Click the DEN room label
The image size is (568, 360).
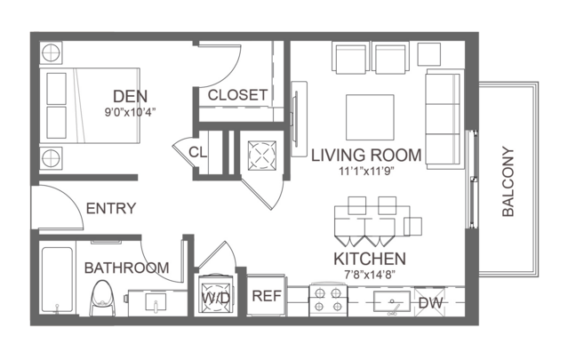[x=130, y=96]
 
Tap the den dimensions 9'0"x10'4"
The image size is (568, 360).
[x=130, y=113]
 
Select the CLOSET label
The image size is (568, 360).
[x=237, y=95]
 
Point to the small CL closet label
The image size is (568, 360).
[x=197, y=152]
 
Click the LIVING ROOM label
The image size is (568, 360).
[x=366, y=155]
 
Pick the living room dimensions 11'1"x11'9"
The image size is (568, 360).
[x=366, y=171]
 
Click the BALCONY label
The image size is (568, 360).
[x=508, y=181]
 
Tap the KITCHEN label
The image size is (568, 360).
[x=370, y=259]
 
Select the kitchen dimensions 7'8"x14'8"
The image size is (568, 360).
[x=370, y=275]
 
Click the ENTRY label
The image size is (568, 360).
[x=111, y=208]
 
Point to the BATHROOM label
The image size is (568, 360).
[x=126, y=268]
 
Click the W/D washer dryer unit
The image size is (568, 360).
[x=215, y=295]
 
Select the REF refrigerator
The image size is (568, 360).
[x=267, y=295]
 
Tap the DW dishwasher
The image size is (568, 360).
[x=430, y=302]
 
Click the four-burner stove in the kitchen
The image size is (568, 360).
[x=328, y=300]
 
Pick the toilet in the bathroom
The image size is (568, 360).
[x=102, y=298]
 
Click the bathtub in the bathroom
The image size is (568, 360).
[x=57, y=279]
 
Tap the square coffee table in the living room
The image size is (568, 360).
[x=370, y=117]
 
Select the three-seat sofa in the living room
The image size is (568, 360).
[x=444, y=119]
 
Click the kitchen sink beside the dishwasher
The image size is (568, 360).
[x=392, y=302]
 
